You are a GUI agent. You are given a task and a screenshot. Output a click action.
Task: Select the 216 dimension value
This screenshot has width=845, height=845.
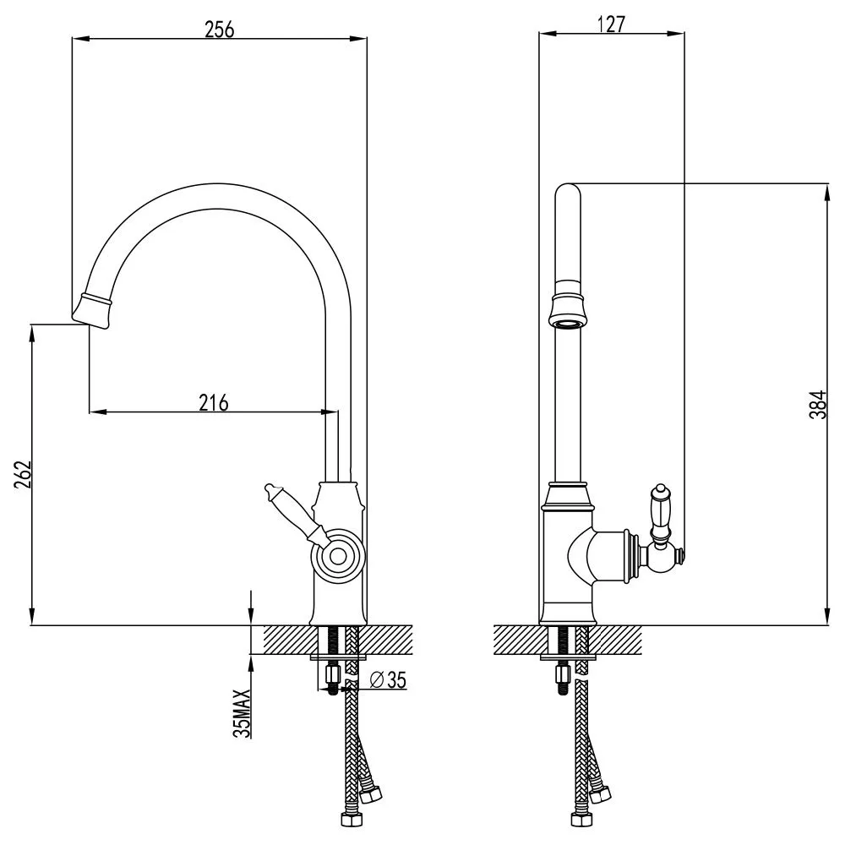point(214,402)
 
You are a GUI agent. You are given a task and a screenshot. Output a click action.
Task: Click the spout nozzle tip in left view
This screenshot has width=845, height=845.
point(92,310)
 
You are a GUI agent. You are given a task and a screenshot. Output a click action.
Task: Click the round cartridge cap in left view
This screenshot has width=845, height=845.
point(338,556)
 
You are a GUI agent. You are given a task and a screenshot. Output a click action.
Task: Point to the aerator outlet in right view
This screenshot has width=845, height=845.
point(567,319)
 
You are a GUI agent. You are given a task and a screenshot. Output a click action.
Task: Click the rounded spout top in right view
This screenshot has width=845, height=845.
point(567,194)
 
